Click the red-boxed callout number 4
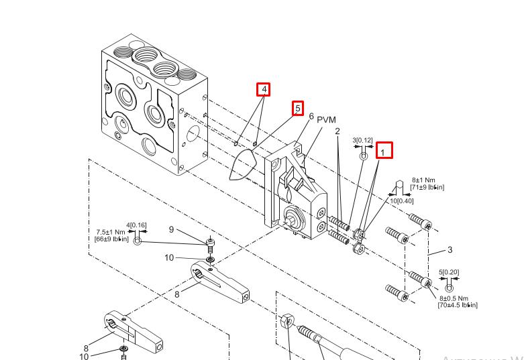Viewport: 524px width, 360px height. [x=264, y=89]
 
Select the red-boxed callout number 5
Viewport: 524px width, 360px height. [x=297, y=108]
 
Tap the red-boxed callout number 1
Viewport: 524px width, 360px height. [x=383, y=151]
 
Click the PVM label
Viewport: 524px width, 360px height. [x=326, y=119]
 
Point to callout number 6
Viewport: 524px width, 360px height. [x=311, y=117]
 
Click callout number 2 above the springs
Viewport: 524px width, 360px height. [x=337, y=131]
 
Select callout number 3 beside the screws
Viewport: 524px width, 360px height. [x=450, y=249]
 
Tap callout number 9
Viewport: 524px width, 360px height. [x=171, y=230]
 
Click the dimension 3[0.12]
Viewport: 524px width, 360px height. [x=362, y=140]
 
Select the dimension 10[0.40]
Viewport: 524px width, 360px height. [x=402, y=200]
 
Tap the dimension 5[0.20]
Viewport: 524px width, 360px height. [x=449, y=272]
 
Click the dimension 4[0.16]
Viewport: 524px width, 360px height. [x=136, y=225]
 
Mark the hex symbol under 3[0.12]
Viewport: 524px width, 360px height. [x=364, y=156]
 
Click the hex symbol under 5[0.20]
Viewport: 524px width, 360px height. [x=450, y=288]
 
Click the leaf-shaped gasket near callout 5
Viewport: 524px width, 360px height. [x=242, y=164]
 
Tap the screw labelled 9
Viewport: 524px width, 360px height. [x=210, y=241]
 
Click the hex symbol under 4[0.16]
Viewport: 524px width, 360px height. [x=138, y=240]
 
